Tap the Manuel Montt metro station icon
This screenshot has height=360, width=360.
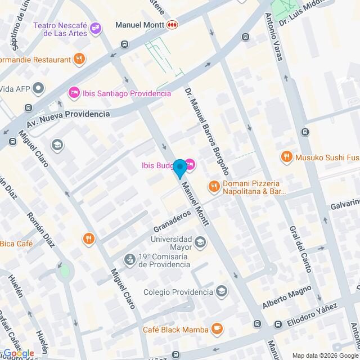172,25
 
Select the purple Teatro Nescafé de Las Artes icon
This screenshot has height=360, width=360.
96,26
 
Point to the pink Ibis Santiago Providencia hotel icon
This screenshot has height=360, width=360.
73,93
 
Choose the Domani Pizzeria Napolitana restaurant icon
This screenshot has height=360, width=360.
213,186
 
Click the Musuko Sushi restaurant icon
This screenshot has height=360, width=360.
287,157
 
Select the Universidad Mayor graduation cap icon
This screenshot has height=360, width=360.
200,242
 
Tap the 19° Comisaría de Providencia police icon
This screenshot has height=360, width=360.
130,259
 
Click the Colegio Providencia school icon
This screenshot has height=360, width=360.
222,291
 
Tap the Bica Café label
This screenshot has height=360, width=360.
16,244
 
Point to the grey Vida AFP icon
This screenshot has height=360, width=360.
38,88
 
